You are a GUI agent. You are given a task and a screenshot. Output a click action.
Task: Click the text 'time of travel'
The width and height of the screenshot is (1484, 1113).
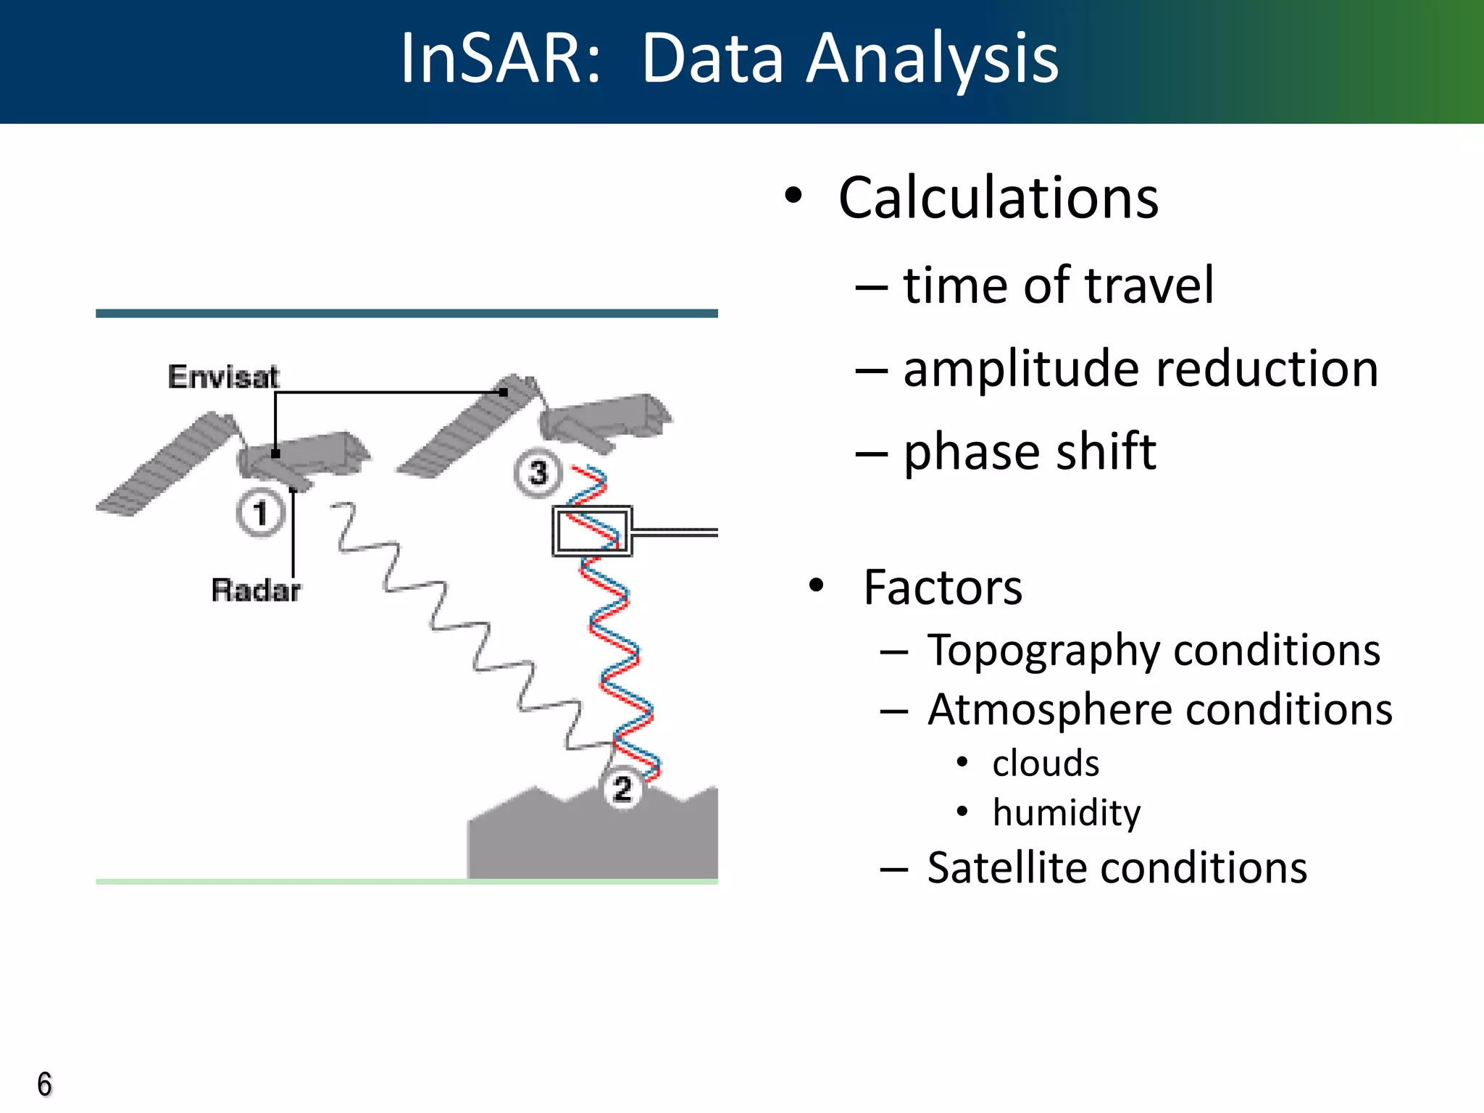tap(1057, 285)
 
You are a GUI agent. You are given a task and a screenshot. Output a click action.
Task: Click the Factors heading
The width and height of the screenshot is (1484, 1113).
tap(942, 587)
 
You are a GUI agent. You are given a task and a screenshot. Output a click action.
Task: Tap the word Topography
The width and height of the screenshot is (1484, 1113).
tap(1043, 651)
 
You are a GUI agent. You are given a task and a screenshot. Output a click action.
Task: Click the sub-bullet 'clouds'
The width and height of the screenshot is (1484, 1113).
tap(1045, 764)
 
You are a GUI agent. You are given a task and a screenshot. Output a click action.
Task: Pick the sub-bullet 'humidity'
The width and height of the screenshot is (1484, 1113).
tap(1066, 813)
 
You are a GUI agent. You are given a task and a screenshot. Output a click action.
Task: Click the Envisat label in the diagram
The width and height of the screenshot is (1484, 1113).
tap(223, 377)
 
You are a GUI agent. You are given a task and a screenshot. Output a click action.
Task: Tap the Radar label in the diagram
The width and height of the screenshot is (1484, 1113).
tap(255, 590)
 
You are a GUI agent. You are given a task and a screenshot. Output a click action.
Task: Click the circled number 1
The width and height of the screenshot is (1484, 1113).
tap(260, 513)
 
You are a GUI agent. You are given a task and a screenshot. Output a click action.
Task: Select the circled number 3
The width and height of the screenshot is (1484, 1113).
tap(538, 473)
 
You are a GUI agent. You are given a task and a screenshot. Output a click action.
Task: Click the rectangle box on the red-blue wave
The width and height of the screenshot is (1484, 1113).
tap(592, 531)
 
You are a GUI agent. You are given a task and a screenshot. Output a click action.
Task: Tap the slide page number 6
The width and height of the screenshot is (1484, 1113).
tap(45, 1085)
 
